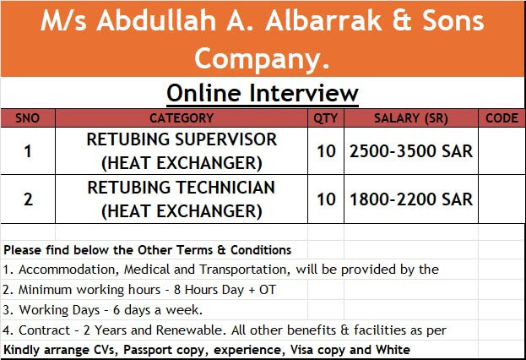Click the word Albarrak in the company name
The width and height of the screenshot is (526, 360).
(x=323, y=20)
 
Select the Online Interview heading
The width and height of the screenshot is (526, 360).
(x=263, y=93)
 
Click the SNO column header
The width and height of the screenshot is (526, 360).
(x=28, y=118)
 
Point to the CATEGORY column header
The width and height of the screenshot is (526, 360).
(x=182, y=118)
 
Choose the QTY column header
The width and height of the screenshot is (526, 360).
(x=326, y=118)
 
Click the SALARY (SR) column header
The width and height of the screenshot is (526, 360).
(x=411, y=118)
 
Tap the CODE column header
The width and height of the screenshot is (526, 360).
(x=502, y=118)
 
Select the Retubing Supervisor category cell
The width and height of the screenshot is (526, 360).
(x=182, y=151)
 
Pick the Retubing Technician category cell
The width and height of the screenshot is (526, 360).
(x=182, y=199)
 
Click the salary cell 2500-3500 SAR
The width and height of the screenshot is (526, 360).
(x=411, y=151)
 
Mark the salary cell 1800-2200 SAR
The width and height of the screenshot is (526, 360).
(x=411, y=199)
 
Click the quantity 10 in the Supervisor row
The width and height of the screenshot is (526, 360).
(x=326, y=151)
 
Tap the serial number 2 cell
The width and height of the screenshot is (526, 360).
(x=28, y=199)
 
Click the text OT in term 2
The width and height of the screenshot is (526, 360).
(x=268, y=290)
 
